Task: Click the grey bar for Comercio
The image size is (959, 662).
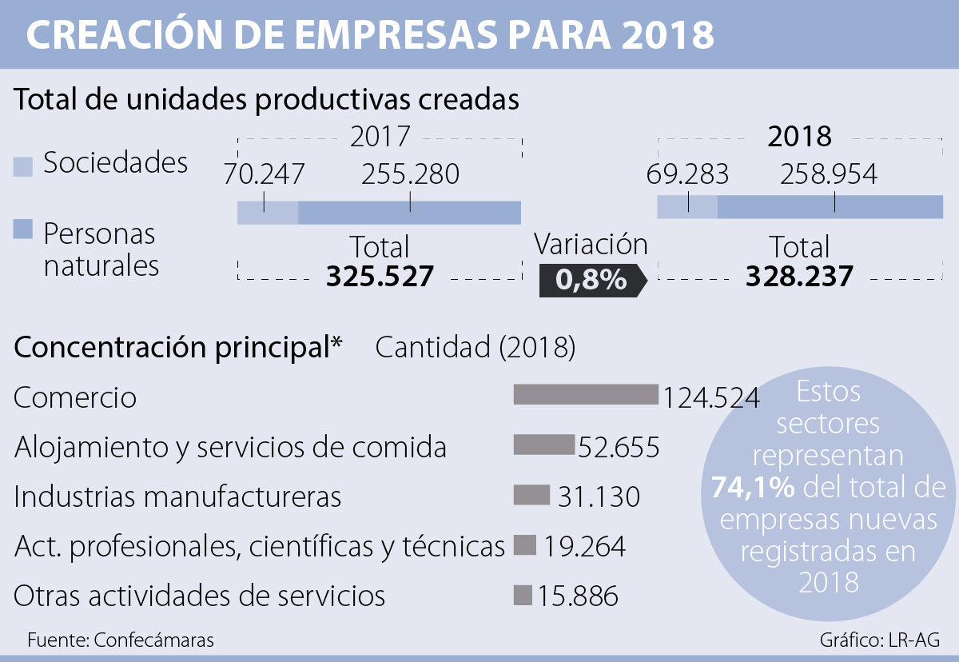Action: [585, 394]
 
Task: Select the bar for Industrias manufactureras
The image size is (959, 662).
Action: [531, 495]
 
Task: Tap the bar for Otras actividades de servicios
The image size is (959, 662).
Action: [523, 595]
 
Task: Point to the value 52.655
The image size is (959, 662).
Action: [619, 447]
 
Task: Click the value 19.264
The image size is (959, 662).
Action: [585, 546]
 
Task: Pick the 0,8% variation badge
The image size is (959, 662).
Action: [591, 280]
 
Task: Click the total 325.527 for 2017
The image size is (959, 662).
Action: [380, 277]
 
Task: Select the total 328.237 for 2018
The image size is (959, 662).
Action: [799, 277]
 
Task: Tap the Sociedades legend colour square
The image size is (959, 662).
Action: [23, 166]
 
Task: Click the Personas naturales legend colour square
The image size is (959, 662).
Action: [23, 230]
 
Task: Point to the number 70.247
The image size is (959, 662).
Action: [265, 173]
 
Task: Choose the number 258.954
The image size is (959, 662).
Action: [828, 173]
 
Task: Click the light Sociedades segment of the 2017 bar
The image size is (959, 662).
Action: [268, 213]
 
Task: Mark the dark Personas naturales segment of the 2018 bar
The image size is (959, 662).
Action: [830, 206]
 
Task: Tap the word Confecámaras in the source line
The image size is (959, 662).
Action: [154, 640]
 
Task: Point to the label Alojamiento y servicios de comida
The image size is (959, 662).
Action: [230, 448]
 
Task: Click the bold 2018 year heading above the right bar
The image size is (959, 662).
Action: [799, 137]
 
